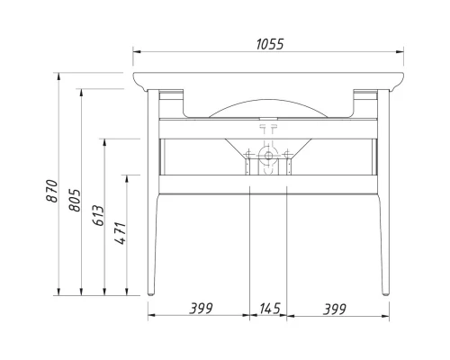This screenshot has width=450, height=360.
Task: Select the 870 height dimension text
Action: point(51,192)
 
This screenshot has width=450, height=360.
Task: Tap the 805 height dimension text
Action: point(74,198)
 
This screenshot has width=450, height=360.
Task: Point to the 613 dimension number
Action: point(97,217)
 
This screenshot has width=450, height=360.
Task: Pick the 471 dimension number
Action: point(120,235)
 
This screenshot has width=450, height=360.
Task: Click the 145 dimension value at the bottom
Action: point(269,309)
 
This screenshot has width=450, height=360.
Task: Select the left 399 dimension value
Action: point(201,309)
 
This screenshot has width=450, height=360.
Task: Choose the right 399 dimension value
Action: point(334,309)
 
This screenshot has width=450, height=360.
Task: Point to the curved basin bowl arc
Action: point(267,98)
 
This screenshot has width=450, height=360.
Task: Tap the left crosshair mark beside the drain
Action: point(246,164)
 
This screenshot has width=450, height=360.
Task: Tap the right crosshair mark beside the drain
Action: point(288,164)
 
